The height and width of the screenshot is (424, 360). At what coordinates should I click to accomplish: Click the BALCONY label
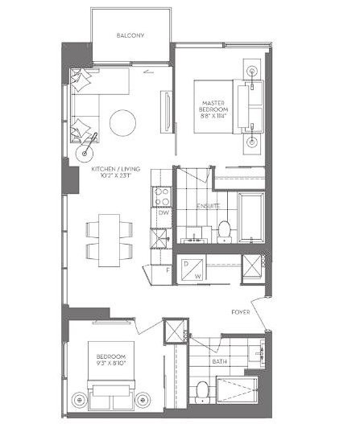point(130,35)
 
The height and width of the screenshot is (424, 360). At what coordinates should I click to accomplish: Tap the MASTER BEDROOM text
point(213,106)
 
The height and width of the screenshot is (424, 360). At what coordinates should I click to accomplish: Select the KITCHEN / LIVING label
point(116,169)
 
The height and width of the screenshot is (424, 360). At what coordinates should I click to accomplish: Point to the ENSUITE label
point(208,206)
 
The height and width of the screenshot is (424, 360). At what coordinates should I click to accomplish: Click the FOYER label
point(241,312)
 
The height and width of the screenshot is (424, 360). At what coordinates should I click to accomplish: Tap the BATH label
point(220,361)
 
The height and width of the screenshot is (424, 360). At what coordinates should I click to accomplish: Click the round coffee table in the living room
point(122,123)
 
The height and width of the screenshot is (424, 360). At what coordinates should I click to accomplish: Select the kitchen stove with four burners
point(162,197)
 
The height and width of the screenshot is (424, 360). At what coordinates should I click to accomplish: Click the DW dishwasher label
point(163,213)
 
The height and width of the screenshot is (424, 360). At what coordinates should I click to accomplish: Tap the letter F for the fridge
point(168,270)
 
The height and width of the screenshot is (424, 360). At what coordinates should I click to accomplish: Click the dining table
point(109,241)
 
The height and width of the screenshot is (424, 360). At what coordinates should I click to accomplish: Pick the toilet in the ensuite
point(224,232)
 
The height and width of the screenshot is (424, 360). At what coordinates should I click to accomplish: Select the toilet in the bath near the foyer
point(201,392)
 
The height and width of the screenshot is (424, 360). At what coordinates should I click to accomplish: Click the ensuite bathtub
point(251,218)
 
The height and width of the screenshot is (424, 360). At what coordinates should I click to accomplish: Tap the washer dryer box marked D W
point(192,270)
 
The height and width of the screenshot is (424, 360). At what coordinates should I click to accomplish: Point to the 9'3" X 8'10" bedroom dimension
point(111,363)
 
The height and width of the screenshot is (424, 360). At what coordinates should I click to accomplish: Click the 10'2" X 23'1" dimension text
point(116,175)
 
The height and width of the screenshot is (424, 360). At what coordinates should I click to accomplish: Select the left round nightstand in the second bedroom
point(79,399)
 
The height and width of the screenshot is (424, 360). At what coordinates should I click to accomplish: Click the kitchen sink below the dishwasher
point(160,238)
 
